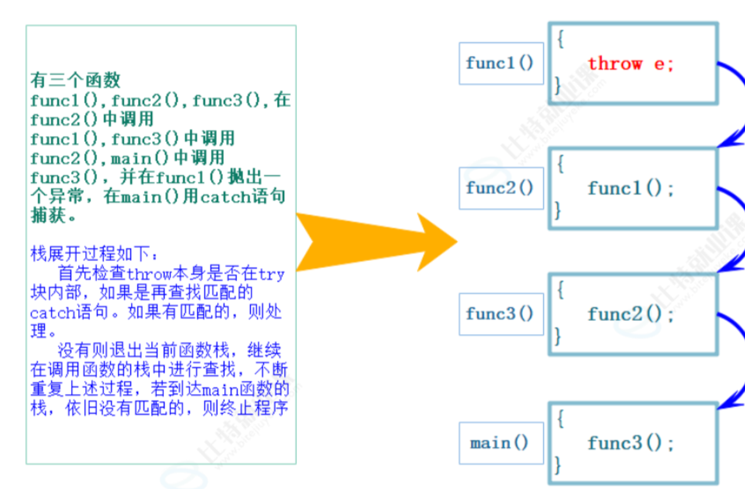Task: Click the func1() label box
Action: (x=500, y=63)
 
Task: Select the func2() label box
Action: (x=500, y=188)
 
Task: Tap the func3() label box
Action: (x=500, y=313)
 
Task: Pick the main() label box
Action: (x=500, y=443)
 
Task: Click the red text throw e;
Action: (x=631, y=63)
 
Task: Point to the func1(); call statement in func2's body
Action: (x=631, y=188)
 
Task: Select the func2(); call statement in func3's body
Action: (x=631, y=314)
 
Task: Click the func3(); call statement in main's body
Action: (x=631, y=443)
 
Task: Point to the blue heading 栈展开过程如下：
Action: (x=94, y=255)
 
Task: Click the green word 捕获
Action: (x=46, y=215)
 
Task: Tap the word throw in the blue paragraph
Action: (x=149, y=274)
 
